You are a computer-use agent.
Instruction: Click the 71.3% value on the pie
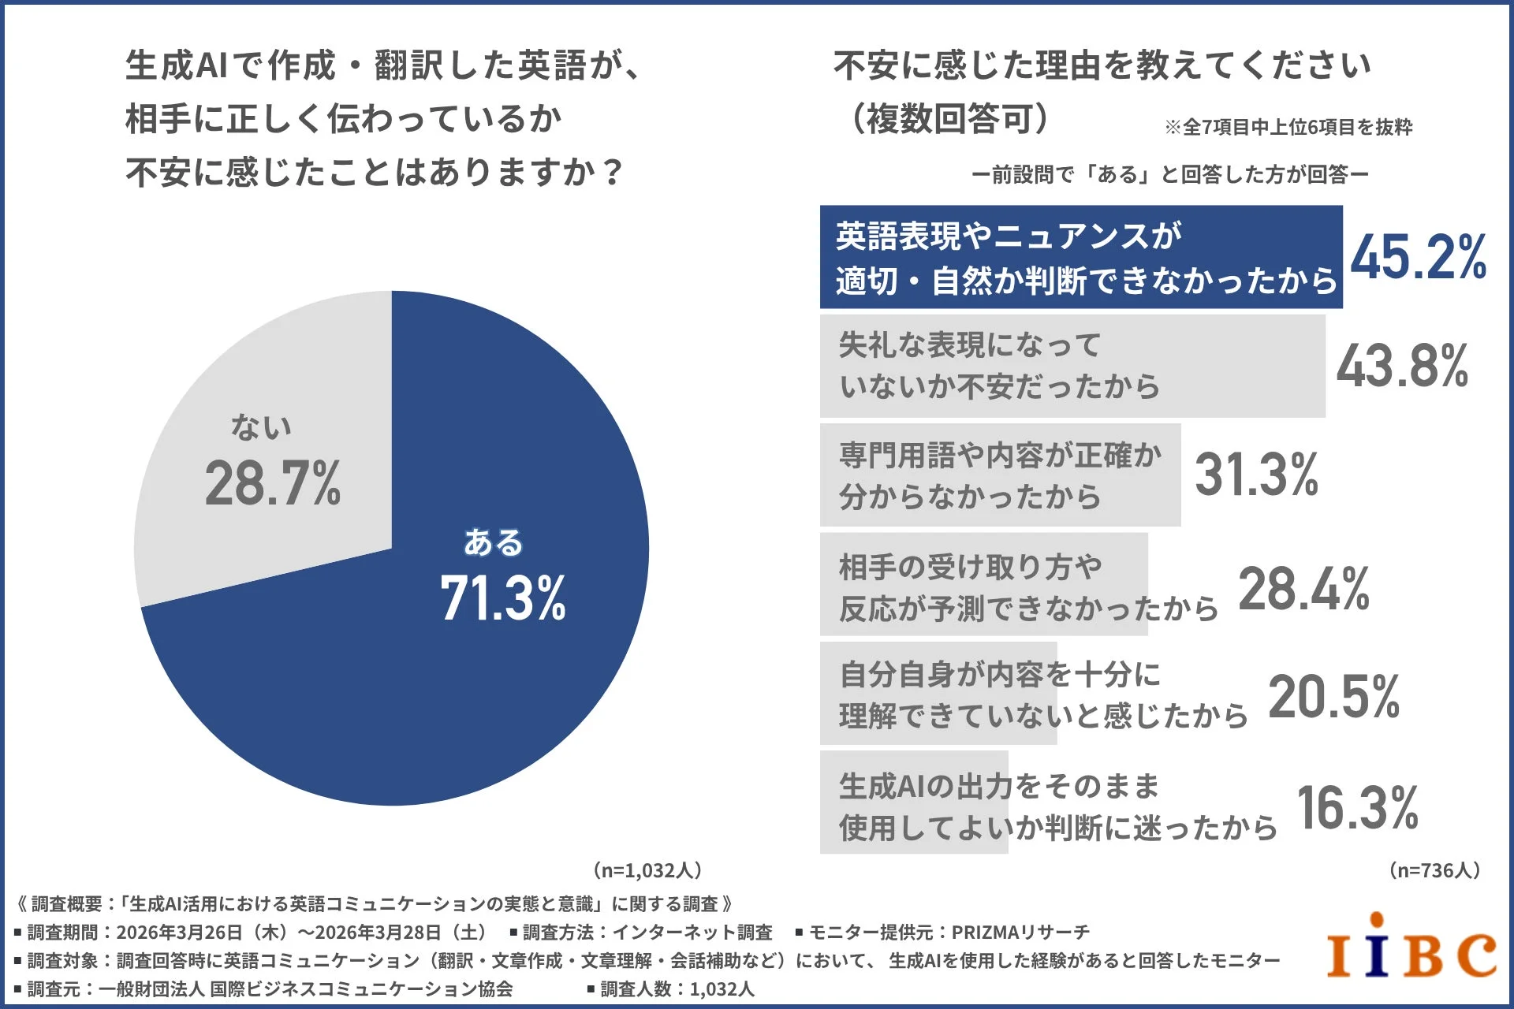pyautogui.click(x=503, y=598)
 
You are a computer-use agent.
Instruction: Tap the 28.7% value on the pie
pyautogui.click(x=272, y=483)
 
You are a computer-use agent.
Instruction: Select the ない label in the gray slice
pyautogui.click(x=261, y=426)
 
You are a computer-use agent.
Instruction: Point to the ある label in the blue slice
pyautogui.click(x=493, y=542)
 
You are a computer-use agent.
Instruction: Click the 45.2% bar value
pyautogui.click(x=1418, y=258)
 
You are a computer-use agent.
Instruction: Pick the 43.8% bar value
pyautogui.click(x=1402, y=367)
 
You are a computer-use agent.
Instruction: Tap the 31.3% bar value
pyautogui.click(x=1256, y=475)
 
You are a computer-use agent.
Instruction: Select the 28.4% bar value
pyautogui.click(x=1303, y=590)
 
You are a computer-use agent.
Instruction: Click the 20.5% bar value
pyautogui.click(x=1333, y=698)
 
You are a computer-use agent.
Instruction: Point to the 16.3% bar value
pyautogui.click(x=1357, y=808)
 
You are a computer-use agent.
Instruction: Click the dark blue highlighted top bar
pyautogui.click(x=1080, y=257)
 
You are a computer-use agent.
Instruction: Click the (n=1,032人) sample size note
pyautogui.click(x=647, y=870)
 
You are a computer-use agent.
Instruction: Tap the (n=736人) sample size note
pyautogui.click(x=1434, y=870)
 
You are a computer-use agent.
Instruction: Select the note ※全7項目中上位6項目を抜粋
pyautogui.click(x=1288, y=127)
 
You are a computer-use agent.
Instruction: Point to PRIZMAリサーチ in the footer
pyautogui.click(x=1020, y=933)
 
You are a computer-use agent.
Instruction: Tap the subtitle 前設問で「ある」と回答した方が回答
pyautogui.click(x=1169, y=174)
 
